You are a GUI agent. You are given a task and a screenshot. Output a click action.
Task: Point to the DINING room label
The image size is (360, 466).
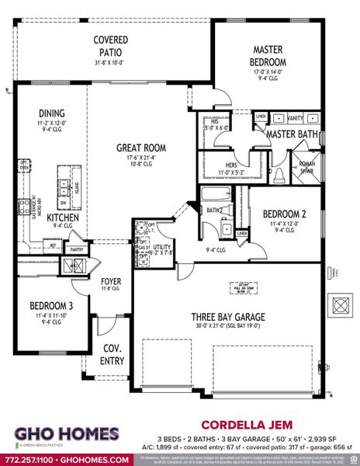point(53,113)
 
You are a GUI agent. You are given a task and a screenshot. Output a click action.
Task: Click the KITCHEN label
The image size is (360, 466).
point(62,218)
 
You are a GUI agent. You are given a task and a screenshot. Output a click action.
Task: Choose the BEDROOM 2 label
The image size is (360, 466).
point(280,214)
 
